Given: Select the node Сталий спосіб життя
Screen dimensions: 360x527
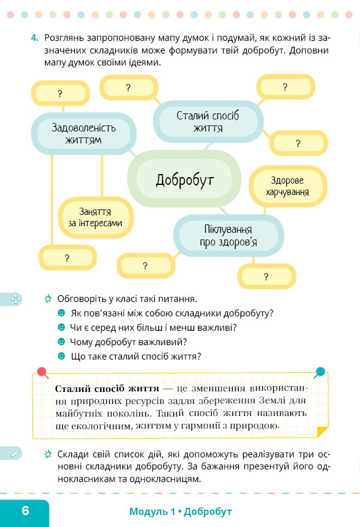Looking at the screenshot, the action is (208, 122).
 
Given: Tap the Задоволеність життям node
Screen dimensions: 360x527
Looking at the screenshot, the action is (83, 133).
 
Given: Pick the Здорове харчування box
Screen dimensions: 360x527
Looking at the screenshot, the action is (287, 186).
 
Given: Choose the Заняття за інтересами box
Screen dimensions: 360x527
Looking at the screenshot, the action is (96, 217).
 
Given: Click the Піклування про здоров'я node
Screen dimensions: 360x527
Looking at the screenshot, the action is (229, 236).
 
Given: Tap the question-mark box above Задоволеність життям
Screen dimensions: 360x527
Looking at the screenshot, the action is (61, 93).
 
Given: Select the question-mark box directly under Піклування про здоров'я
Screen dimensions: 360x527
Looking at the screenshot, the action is (266, 276).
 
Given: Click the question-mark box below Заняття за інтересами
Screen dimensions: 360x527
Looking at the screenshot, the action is (67, 257).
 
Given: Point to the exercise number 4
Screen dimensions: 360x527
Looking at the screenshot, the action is (35, 38).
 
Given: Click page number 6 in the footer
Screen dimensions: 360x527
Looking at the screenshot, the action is (26, 511).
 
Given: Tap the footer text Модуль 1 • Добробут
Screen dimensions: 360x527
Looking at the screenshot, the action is (181, 511).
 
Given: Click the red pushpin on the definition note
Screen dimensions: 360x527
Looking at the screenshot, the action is (42, 372).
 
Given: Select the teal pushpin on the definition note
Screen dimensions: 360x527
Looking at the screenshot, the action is (320, 372).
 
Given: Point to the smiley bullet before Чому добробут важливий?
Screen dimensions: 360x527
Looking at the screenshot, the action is (61, 342).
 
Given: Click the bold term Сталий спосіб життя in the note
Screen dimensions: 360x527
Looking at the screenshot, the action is (107, 389).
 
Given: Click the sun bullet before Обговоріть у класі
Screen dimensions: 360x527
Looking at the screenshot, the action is (48, 298).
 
